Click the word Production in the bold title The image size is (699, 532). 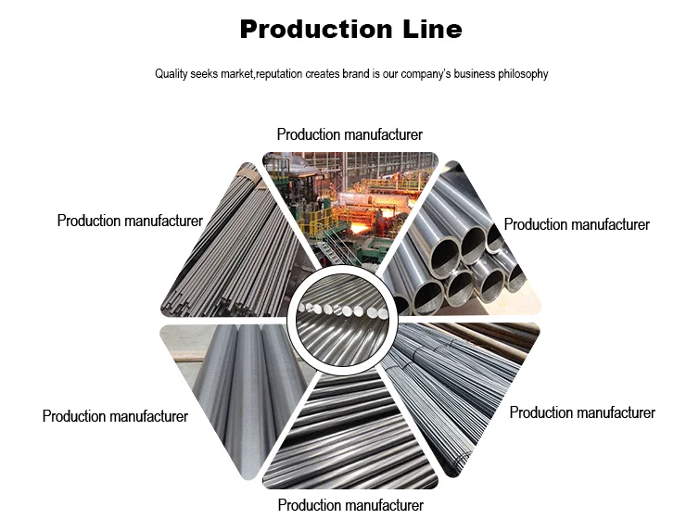pos(307,30)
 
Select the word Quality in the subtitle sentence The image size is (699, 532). pos(172,74)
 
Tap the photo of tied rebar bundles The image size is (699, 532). pos(464,389)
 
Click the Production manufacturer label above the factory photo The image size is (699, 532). pos(349,135)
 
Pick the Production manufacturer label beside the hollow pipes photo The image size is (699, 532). pos(577,225)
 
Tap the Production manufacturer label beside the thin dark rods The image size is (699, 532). pos(130,221)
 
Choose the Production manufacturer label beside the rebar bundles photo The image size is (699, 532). pos(582,413)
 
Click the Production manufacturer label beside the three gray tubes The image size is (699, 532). pos(115,417)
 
